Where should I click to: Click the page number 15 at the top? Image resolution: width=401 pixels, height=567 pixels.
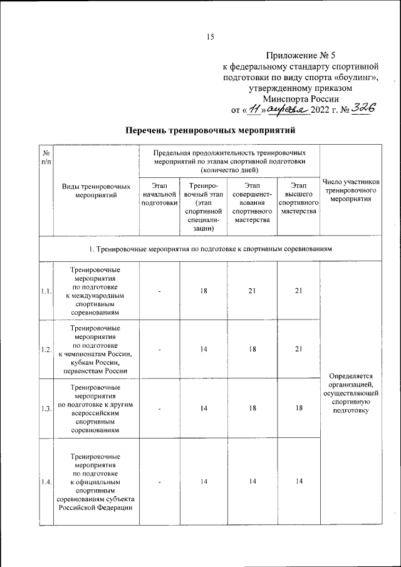tap(211, 37)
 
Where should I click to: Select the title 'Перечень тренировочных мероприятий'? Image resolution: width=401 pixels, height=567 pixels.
tap(210, 131)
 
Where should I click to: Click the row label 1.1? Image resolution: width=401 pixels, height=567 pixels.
tap(46, 291)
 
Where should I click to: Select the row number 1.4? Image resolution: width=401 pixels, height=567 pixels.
tap(46, 481)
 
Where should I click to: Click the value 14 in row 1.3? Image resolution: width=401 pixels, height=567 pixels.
tap(204, 408)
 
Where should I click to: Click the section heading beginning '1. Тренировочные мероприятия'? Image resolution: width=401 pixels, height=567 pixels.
tap(210, 249)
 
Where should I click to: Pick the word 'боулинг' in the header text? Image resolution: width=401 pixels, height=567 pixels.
tap(368, 77)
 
